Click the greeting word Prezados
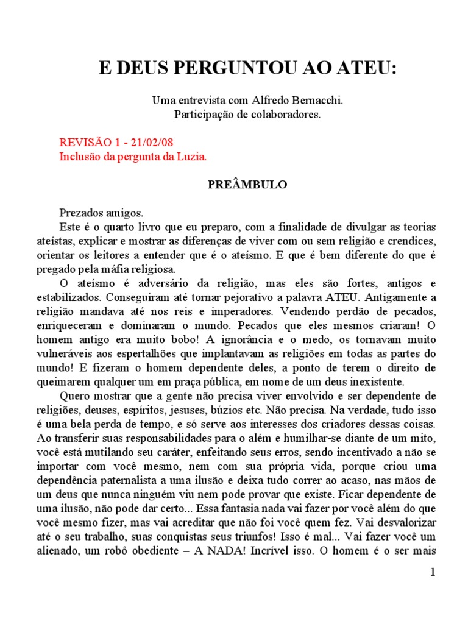80,213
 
